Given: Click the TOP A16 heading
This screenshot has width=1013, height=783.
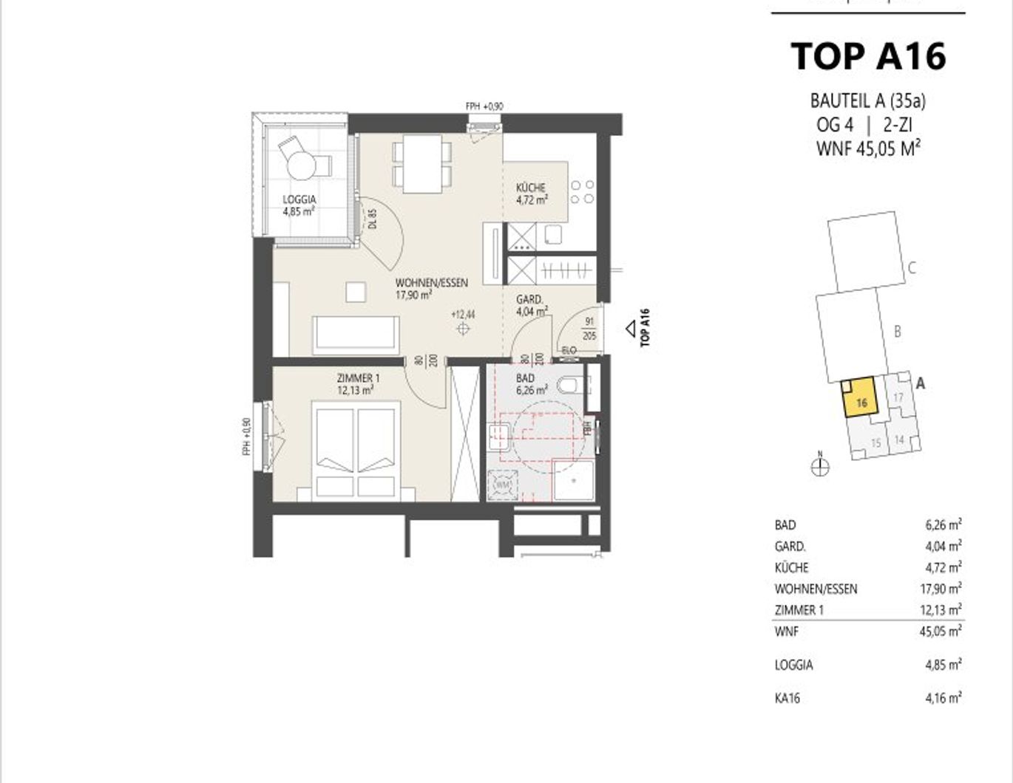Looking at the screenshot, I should pos(868,56).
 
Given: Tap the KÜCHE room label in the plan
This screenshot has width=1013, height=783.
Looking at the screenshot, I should pos(531,194).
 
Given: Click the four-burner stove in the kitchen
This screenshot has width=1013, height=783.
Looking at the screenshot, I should pos(582,192).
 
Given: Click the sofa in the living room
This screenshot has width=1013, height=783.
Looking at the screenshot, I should pos(356,335).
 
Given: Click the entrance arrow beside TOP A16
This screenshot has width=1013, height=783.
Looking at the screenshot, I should pos(631,328).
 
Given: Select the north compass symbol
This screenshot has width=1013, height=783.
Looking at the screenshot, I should pos(820,466).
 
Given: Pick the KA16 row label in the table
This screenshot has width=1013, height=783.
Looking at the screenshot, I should pos(787,697).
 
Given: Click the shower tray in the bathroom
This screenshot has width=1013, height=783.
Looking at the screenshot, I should pos(574,479).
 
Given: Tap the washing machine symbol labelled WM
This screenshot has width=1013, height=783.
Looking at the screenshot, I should pos(504,485).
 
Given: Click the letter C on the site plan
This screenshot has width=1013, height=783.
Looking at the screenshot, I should pos(912,268).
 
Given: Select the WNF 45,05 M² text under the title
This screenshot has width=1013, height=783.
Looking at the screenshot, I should pos(868,148).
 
